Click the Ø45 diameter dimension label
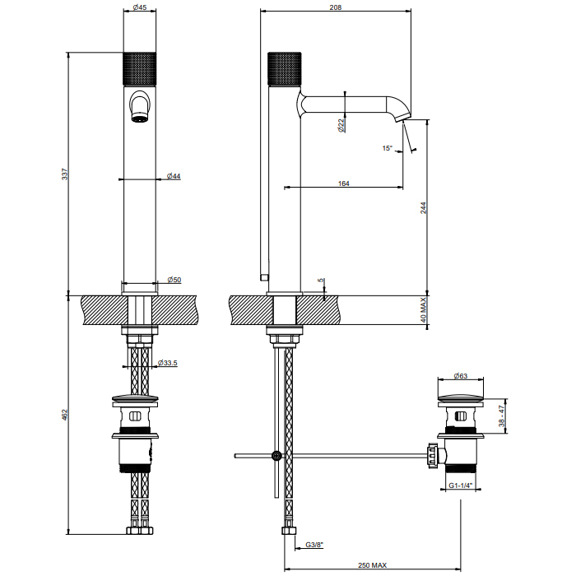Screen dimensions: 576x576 coord(140,7)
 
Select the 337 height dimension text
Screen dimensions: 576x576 coord(65,174)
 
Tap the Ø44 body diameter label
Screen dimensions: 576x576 coord(174,176)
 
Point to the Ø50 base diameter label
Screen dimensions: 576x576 coord(174,280)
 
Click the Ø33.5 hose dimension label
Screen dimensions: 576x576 coord(168,363)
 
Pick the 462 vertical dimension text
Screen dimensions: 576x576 coord(65,415)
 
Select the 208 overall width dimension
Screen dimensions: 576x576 coord(336,7)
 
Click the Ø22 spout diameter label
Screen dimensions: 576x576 coord(341,125)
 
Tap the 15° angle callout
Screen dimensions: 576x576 coord(388,148)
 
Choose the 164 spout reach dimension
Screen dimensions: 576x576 coord(343,183)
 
